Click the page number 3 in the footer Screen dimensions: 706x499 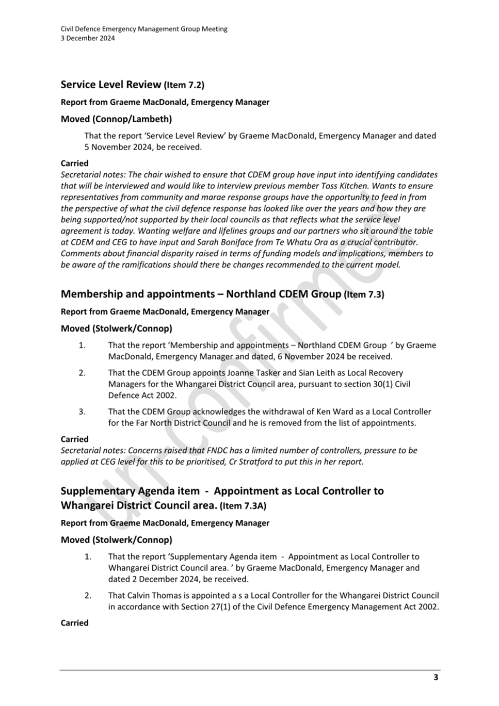[x=436, y=677]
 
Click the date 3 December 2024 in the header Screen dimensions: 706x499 [x=88, y=38]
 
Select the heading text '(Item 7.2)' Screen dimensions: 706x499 [x=184, y=85]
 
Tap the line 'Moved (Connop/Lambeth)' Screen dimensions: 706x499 [x=116, y=119]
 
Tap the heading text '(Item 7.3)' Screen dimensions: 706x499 [x=364, y=294]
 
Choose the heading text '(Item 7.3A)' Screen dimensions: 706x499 [x=243, y=506]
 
